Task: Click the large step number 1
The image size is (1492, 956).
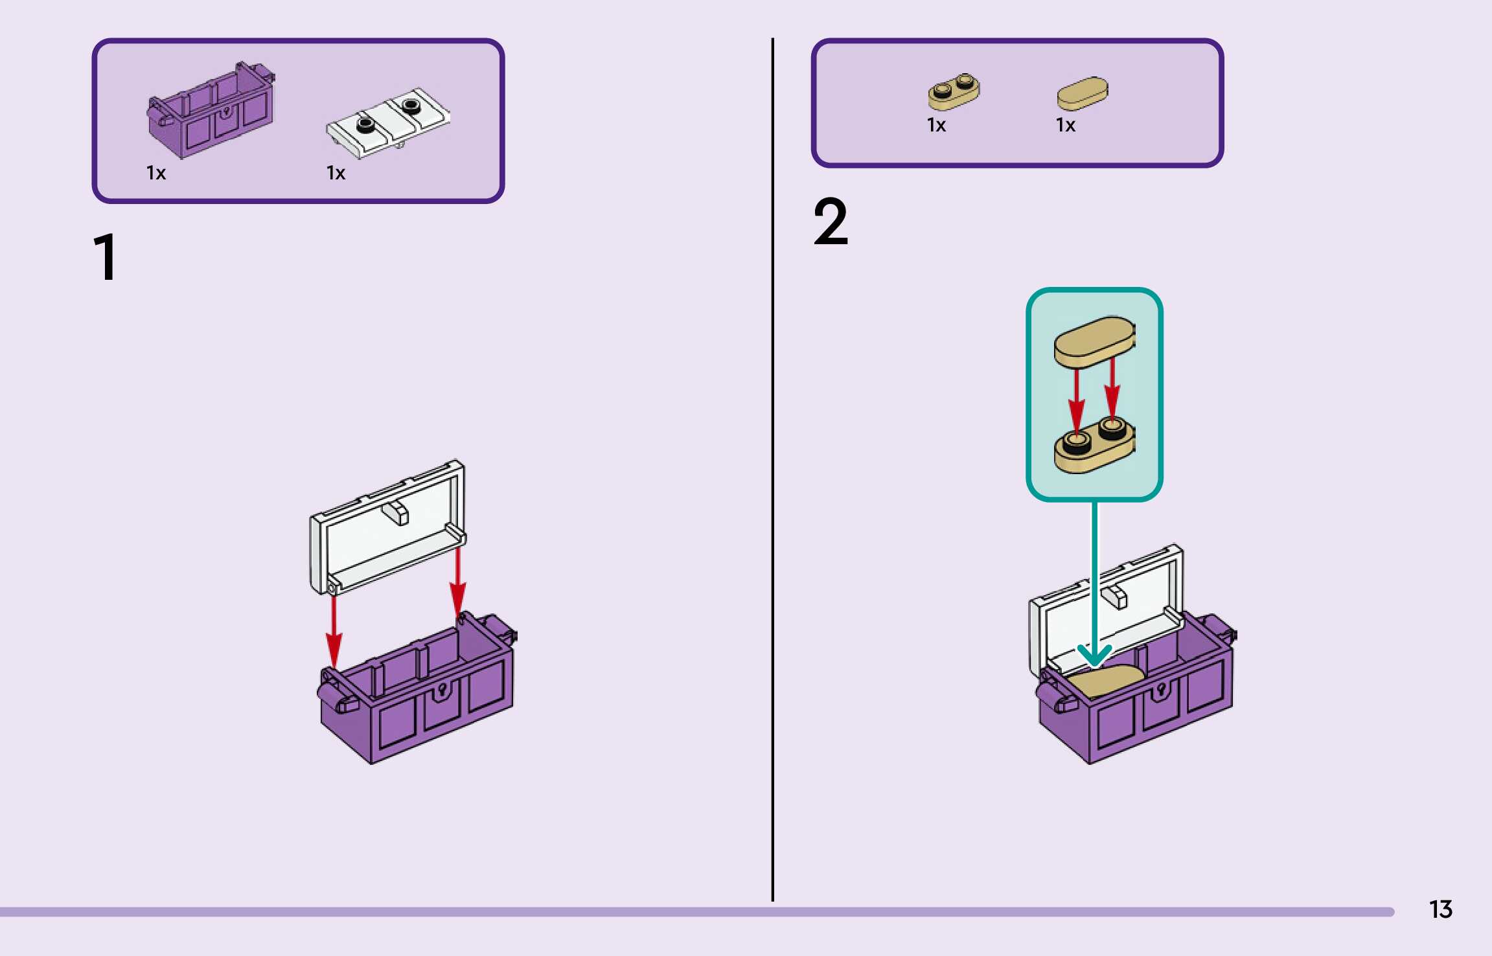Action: pos(106,257)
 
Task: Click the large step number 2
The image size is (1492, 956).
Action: pos(831,222)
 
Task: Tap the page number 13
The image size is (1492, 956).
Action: pos(1440,909)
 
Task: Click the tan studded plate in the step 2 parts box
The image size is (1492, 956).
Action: pos(954,91)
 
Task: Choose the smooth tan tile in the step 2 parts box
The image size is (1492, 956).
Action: pos(1083,93)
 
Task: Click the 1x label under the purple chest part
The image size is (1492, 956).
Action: pos(156,173)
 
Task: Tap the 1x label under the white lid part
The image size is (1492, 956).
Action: pos(336,173)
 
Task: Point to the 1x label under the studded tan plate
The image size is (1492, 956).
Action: pos(936,125)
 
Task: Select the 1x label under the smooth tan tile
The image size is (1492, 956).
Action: pos(1065,125)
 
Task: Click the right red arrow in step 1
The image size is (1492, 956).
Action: pos(458,583)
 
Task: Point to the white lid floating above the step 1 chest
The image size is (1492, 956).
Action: pos(387,528)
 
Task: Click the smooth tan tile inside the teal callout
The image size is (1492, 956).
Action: pos(1094,341)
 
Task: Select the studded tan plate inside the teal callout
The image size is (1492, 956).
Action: pos(1094,446)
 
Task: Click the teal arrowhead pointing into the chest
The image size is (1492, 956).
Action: pos(1094,655)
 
